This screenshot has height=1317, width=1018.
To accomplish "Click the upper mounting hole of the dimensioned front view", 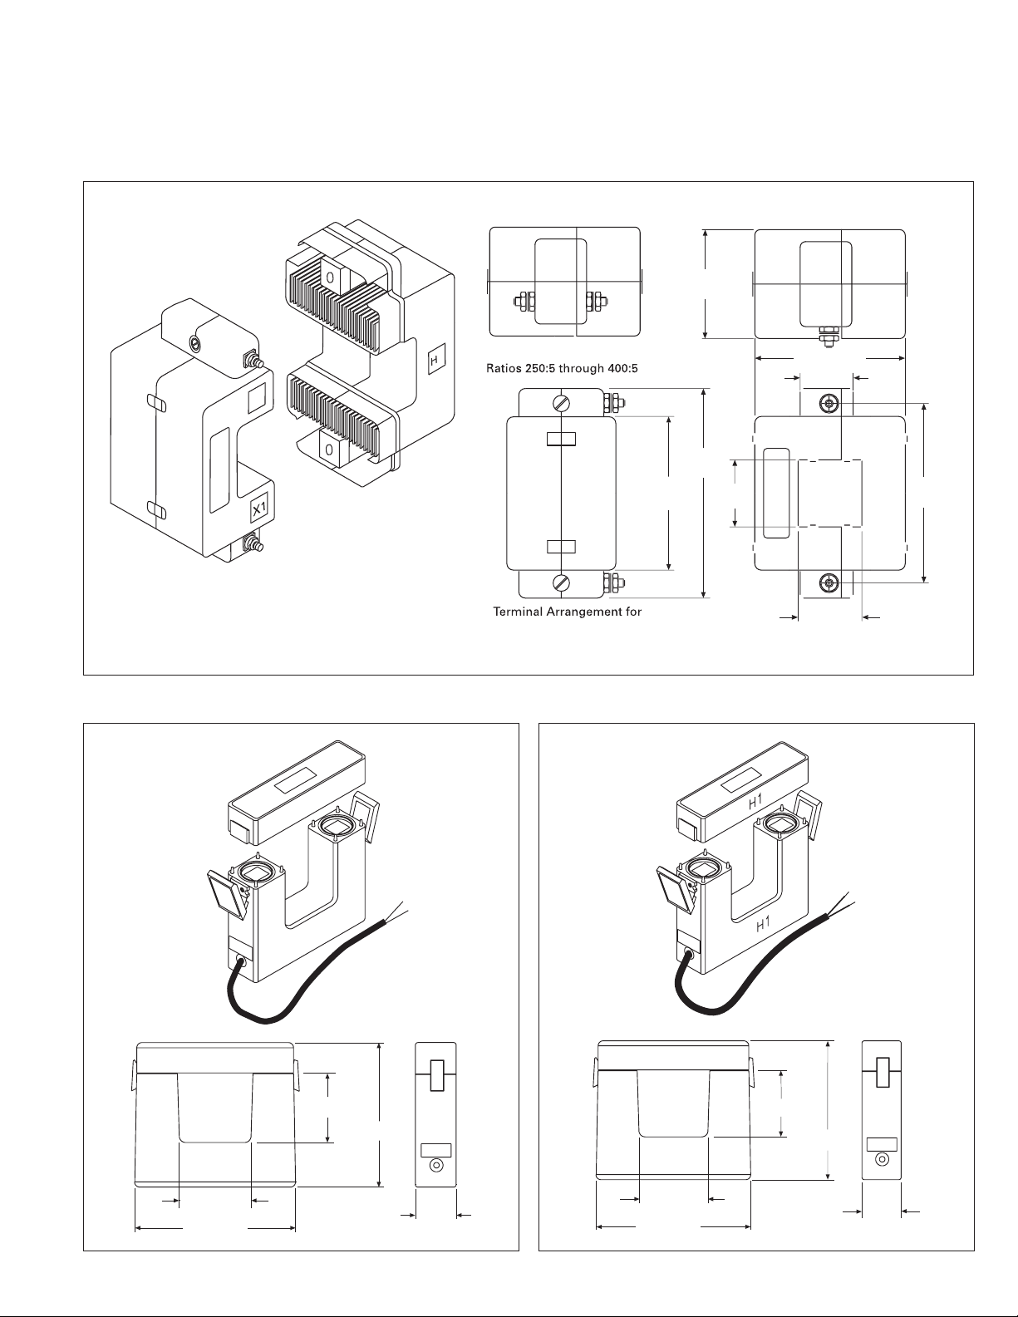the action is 828,404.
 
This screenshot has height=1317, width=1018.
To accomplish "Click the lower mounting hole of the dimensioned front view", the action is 828,582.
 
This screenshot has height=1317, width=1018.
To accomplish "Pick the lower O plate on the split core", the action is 329,449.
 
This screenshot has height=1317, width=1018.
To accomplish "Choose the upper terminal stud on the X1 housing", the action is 249,360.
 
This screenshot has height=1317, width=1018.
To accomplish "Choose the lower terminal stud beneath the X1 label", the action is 249,545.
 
